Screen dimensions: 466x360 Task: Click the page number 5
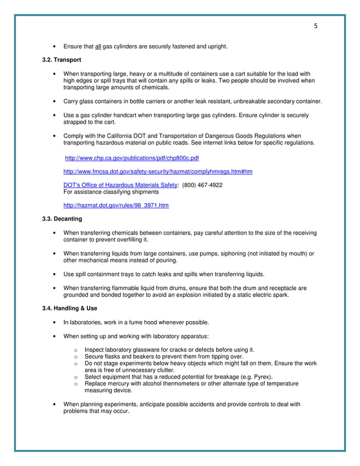(x=315, y=26)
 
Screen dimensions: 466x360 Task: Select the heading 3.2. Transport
(x=62, y=60)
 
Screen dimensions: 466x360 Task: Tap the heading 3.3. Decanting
(x=63, y=219)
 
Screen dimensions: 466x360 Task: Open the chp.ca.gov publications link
(x=132, y=158)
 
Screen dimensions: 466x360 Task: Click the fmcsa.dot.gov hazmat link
(x=158, y=172)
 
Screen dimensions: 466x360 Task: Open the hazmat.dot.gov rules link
(x=116, y=205)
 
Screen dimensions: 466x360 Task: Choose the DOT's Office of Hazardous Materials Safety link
(x=120, y=185)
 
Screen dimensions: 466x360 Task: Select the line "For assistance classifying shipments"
(x=111, y=192)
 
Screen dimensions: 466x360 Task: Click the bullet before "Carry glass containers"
(x=53, y=102)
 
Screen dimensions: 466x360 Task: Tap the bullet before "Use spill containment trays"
(x=53, y=274)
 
